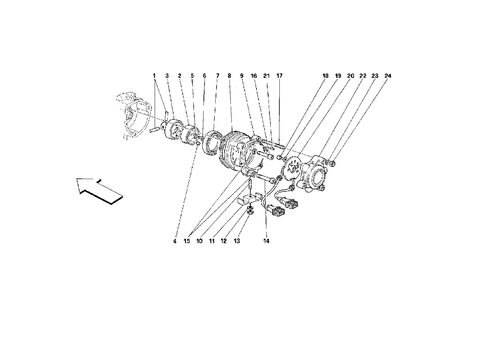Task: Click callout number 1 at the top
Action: tap(154, 76)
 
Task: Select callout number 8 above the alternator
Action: tap(229, 76)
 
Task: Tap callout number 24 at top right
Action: tap(388, 76)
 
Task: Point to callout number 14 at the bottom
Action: tap(266, 241)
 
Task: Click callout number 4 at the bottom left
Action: tap(175, 241)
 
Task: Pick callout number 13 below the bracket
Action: tap(237, 241)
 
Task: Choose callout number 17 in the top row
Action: tap(279, 76)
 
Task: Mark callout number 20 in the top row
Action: tap(351, 76)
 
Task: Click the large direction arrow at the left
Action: tap(99, 190)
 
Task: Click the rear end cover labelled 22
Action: tap(314, 172)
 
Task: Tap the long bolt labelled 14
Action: tap(267, 178)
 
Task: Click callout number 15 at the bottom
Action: tap(187, 241)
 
